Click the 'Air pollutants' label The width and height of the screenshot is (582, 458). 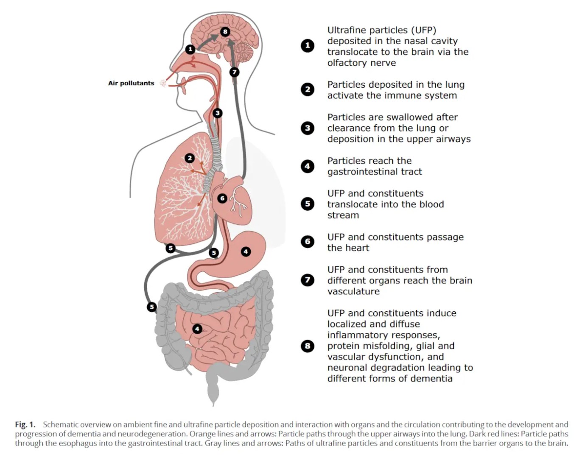[131, 83]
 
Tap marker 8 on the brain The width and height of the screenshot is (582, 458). [225, 31]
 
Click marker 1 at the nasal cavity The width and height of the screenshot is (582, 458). [190, 49]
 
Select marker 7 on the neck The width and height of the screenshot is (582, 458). [234, 72]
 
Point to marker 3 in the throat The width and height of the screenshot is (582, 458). [217, 113]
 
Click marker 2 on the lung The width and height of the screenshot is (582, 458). [190, 158]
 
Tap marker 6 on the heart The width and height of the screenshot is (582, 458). [222, 198]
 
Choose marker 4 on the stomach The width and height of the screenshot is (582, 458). [246, 251]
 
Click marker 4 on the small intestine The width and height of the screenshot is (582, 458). [197, 329]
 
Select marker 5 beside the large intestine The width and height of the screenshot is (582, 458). [152, 307]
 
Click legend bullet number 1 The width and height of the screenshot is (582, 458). [308, 46]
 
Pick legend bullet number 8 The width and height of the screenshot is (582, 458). [308, 346]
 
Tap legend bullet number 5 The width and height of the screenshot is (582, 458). [308, 204]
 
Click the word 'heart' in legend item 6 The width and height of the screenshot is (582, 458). [356, 248]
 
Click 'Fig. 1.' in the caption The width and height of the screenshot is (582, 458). [25, 424]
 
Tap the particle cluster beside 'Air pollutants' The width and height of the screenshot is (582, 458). [163, 83]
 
